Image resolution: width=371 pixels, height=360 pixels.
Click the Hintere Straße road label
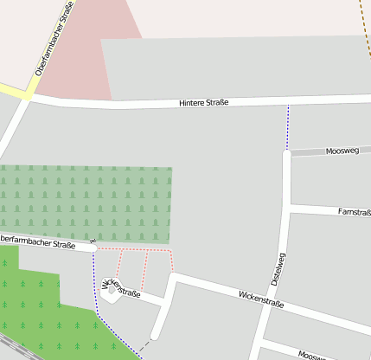pyautogui.click(x=204, y=103)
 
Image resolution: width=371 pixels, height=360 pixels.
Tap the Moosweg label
pyautogui.click(x=342, y=151)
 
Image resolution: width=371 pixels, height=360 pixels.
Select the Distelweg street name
pyautogui.click(x=277, y=269)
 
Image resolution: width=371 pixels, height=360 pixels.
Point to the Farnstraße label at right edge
pyautogui.click(x=354, y=211)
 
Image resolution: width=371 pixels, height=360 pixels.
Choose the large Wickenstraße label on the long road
pyautogui.click(x=261, y=300)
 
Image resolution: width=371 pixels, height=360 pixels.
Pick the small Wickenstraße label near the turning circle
pyautogui.click(x=122, y=287)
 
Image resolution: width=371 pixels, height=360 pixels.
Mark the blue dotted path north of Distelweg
pyautogui.click(x=287, y=126)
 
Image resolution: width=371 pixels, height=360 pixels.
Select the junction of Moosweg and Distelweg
pyautogui.click(x=287, y=154)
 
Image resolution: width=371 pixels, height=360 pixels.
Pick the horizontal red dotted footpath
pyautogui.click(x=134, y=249)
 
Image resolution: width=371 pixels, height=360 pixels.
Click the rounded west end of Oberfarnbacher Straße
pyautogui.click(x=93, y=248)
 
